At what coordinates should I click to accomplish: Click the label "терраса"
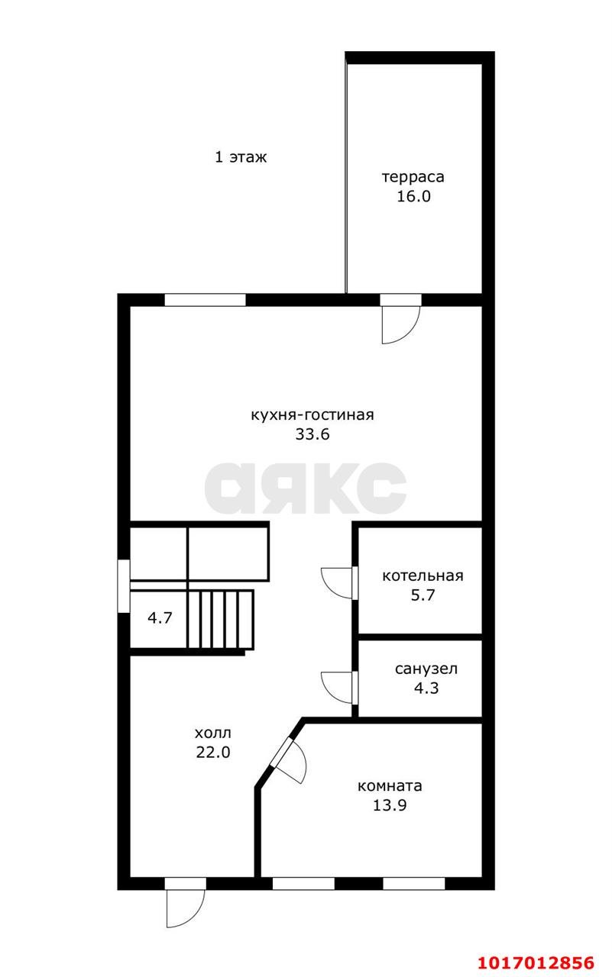point(413,178)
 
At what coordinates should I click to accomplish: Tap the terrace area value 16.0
point(413,196)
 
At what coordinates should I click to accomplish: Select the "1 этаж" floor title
point(241,157)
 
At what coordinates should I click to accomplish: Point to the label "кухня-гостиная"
point(312,414)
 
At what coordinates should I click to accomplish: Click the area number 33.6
point(312,434)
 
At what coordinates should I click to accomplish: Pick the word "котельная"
point(423,576)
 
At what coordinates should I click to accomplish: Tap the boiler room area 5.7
point(423,595)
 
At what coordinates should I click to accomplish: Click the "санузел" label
point(426,669)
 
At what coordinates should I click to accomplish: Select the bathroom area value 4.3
point(426,688)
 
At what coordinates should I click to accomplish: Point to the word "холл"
point(213,734)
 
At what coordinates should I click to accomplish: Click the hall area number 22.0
point(213,753)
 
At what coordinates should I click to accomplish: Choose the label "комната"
point(390,786)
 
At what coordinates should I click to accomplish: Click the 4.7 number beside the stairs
point(160,618)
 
